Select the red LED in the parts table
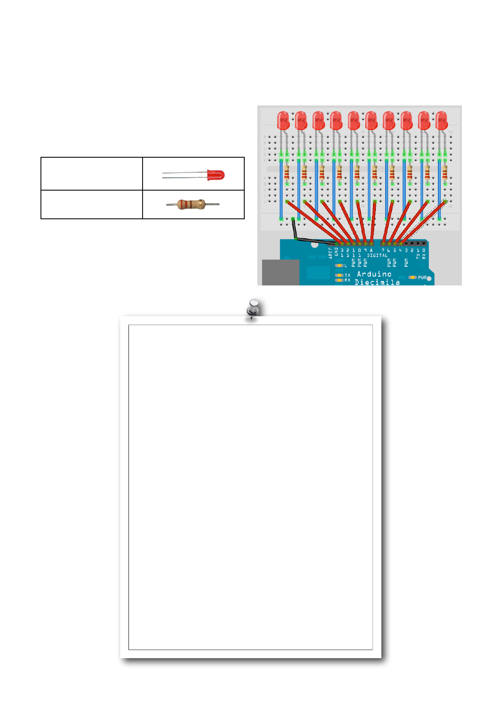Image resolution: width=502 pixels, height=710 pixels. [216, 175]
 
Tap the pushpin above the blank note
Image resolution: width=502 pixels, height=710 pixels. [253, 308]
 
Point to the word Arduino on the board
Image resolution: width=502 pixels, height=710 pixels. [374, 274]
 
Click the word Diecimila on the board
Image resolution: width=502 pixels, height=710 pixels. [377, 282]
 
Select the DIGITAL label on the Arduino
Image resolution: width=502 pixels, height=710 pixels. [377, 255]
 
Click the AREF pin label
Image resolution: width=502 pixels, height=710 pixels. [330, 252]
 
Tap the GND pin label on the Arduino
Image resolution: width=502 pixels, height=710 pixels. [336, 252]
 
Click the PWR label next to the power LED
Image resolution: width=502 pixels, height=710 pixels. [422, 277]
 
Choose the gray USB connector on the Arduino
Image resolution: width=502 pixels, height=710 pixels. [281, 272]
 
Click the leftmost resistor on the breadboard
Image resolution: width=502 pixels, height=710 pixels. [287, 172]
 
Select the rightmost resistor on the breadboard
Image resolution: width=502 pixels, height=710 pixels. [445, 172]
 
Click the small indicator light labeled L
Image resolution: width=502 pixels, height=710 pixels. [339, 266]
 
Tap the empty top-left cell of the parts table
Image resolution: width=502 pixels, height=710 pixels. [92, 174]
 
